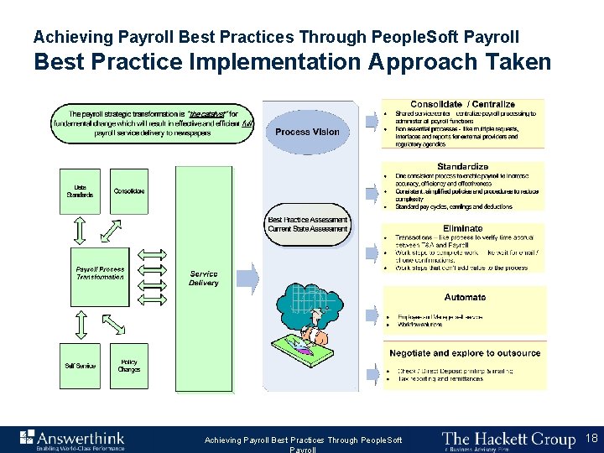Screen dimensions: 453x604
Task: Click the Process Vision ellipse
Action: [307, 133]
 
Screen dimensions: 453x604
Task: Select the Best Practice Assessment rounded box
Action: [307, 224]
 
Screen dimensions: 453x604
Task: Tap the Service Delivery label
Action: [203, 278]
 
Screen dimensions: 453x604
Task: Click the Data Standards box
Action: [81, 191]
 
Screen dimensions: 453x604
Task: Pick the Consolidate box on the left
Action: [128, 191]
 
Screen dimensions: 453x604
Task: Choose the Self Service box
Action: [81, 366]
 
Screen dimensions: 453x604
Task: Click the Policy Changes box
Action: [128, 366]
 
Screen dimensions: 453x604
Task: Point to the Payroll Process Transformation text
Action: [100, 273]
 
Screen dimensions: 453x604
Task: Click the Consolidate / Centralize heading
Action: [462, 105]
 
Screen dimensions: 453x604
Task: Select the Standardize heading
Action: [462, 167]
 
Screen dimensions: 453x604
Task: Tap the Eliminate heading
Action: [462, 228]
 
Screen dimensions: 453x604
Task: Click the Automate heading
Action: [465, 297]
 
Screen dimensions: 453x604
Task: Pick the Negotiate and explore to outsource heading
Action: [465, 353]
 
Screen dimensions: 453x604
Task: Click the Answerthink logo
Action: [72, 439]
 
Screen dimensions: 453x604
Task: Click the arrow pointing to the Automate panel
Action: [372, 316]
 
